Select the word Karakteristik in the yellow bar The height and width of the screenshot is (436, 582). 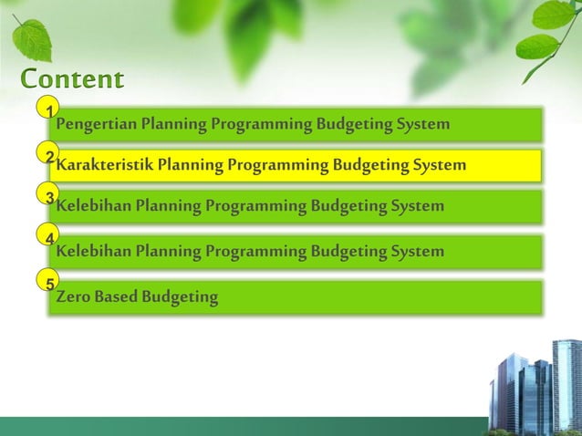point(104,166)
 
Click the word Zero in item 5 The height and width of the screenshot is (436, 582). point(73,296)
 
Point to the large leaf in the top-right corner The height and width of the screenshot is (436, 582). point(555,16)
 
